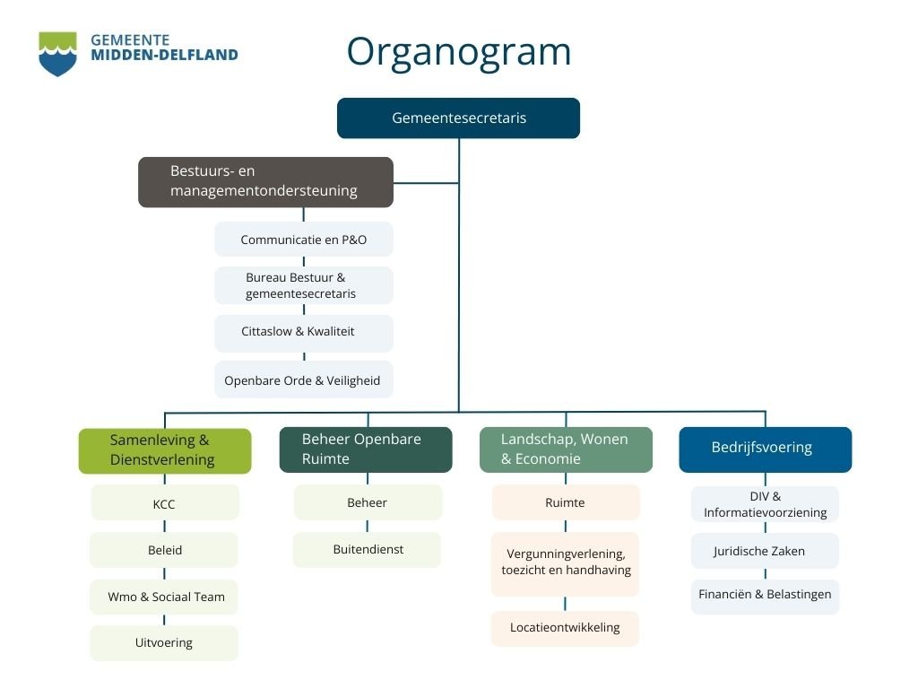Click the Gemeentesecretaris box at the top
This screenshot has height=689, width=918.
458,118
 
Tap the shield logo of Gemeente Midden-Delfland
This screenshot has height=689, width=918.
57,54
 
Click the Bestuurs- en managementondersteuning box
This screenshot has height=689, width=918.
265,181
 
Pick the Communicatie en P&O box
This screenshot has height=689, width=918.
303,240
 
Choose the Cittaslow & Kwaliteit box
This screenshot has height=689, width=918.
303,332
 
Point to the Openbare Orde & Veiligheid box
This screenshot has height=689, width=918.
303,380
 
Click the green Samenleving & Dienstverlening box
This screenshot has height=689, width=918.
165,450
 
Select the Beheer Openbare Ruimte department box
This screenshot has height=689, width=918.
366,449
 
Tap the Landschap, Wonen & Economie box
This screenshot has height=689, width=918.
566,449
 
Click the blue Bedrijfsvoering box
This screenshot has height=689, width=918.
765,449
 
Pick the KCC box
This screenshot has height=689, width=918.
165,503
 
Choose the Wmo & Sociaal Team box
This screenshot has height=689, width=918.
165,597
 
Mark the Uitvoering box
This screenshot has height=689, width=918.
165,643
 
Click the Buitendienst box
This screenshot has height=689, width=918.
368,550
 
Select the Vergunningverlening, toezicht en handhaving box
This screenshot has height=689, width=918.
566,563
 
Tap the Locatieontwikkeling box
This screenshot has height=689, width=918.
565,628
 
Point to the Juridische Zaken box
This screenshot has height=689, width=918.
764,551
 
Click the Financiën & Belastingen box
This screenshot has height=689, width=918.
765,596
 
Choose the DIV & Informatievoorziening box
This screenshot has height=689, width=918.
765,504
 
